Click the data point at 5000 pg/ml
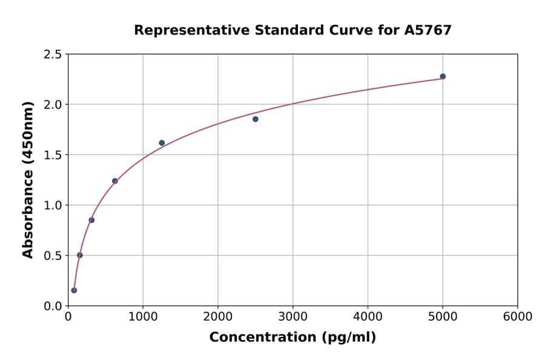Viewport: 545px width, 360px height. pos(443,76)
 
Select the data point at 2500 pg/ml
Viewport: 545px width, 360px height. pos(256,119)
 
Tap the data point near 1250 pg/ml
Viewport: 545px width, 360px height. pos(162,143)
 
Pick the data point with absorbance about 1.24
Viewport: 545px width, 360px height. pos(115,181)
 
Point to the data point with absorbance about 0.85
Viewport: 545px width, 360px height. pos(91,220)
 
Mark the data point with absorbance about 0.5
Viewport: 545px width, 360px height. pos(80,255)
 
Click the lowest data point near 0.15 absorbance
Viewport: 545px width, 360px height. pos(74,290)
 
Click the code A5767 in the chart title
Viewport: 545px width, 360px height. pos(428,30)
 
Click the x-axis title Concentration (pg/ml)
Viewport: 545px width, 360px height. pos(292,338)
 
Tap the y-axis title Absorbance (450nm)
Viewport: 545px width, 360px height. pos(28,180)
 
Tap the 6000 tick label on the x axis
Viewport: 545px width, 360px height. pos(518,317)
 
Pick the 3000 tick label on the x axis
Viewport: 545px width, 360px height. pos(293,317)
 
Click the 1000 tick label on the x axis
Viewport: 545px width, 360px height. pos(143,317)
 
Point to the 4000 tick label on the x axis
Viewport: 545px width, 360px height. pos(368,317)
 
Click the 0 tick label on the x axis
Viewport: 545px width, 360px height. pos(68,317)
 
